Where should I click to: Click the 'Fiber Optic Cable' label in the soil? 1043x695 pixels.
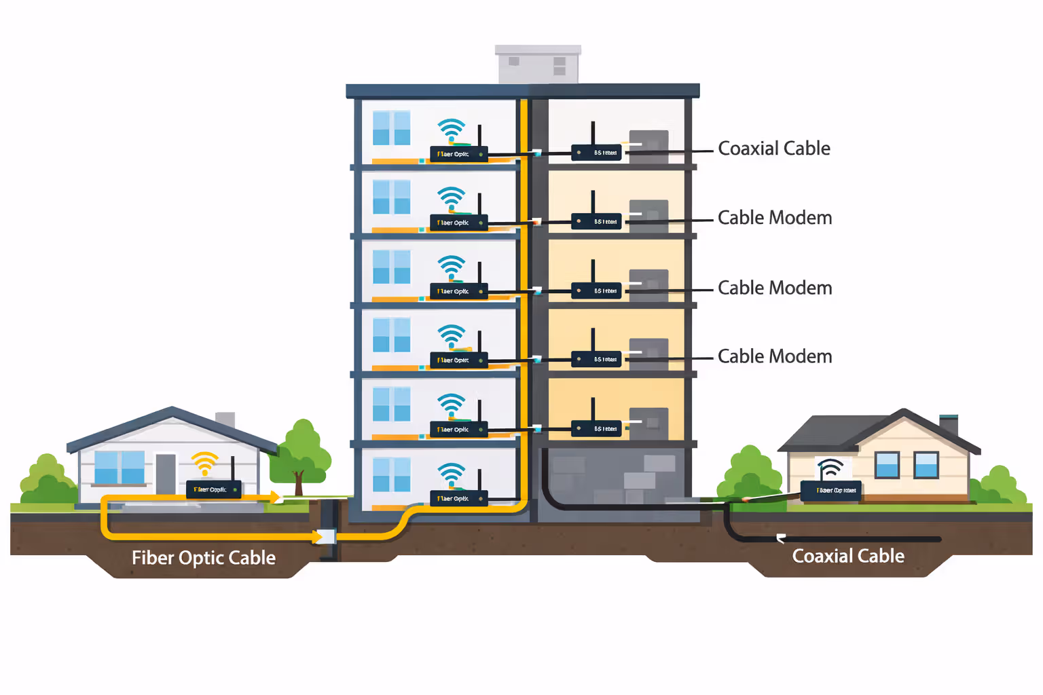204,558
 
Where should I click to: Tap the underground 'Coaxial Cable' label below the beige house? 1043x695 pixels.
848,556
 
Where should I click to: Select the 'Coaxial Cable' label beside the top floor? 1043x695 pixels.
774,149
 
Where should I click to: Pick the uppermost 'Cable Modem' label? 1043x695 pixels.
775,218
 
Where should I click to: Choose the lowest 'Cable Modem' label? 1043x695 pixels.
775,356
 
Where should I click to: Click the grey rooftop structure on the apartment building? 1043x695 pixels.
538,65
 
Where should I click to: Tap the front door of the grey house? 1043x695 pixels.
166,473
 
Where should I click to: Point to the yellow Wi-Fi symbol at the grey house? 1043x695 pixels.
204,464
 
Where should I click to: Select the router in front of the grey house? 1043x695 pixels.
214,489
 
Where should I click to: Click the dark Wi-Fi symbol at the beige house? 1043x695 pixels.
830,468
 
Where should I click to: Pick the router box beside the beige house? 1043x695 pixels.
830,490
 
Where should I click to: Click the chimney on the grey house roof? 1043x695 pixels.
225,419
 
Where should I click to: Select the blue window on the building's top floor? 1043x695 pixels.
391,128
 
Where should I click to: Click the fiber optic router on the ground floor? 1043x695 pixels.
458,498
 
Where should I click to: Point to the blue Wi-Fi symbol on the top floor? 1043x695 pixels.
451,130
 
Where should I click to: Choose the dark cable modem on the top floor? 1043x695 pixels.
596,153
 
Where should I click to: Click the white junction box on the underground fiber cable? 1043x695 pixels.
327,537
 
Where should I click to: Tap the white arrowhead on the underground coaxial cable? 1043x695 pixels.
781,539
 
